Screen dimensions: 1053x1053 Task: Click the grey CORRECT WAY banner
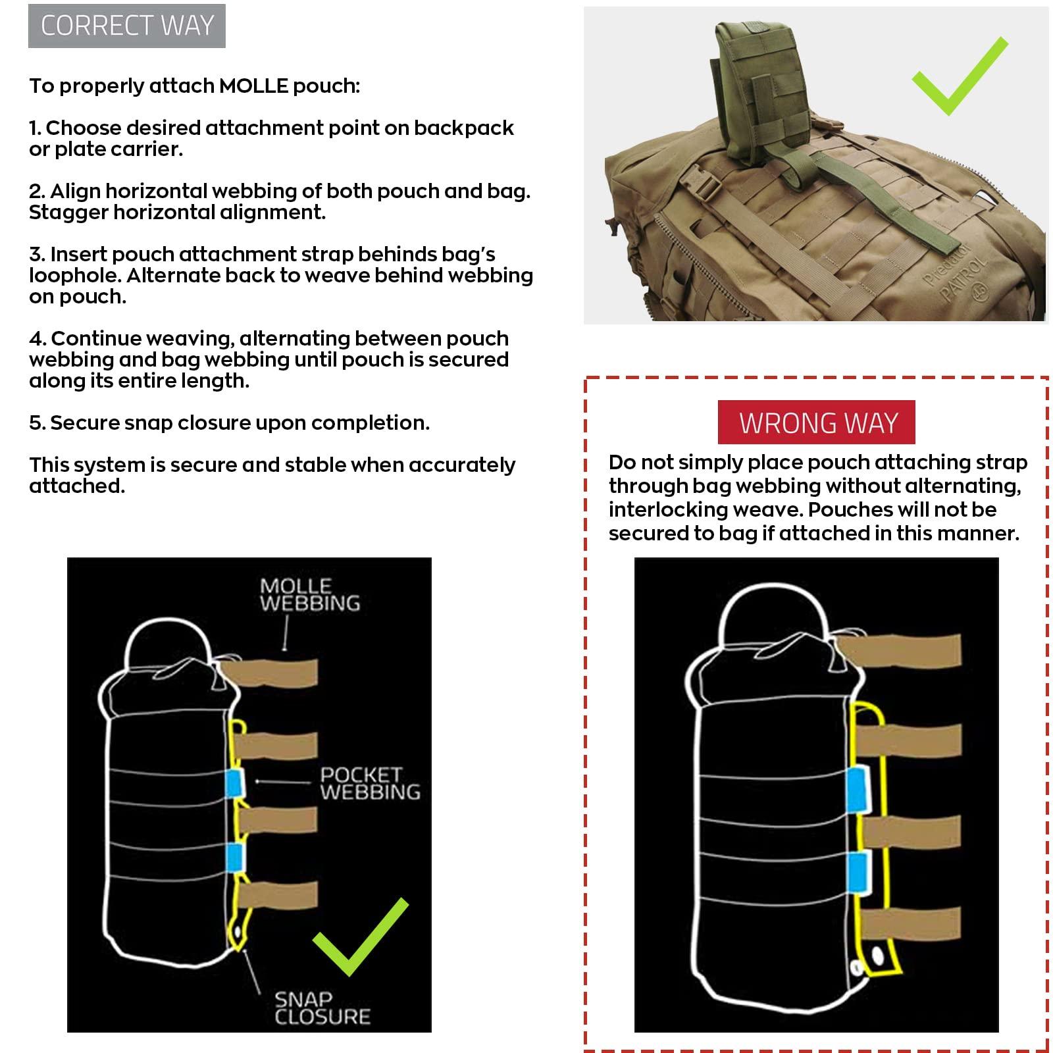click(x=127, y=26)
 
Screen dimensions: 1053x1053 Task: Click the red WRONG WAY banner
click(x=817, y=423)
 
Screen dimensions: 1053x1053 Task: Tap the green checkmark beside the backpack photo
click(x=960, y=76)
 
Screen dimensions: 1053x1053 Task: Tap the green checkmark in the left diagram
click(x=361, y=937)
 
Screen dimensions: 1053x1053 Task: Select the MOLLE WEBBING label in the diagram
click(x=309, y=595)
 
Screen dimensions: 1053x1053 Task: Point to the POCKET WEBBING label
click(x=369, y=783)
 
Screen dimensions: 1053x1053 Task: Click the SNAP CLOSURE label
click(x=322, y=1008)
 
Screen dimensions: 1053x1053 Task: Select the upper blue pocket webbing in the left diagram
click(x=234, y=781)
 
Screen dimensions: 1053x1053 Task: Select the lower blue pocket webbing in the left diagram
click(x=234, y=856)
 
